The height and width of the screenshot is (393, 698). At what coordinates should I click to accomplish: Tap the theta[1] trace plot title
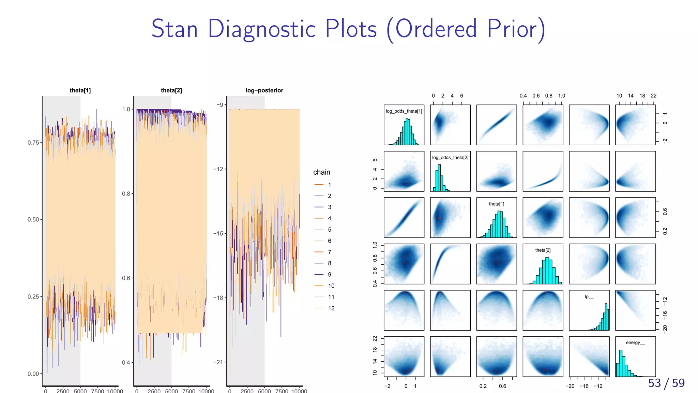click(x=80, y=90)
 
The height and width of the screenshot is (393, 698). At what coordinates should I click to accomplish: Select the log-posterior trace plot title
click(x=264, y=90)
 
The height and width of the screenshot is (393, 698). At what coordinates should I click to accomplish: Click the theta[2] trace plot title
click(x=171, y=90)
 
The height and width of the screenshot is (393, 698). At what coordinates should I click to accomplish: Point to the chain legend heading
click(x=321, y=172)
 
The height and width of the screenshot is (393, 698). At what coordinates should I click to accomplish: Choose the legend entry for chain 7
click(x=324, y=252)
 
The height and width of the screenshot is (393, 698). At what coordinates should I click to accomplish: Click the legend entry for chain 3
click(x=324, y=207)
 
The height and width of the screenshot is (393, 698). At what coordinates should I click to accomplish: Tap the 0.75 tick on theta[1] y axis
click(x=33, y=143)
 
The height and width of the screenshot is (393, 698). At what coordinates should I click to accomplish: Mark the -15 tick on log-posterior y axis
click(x=218, y=234)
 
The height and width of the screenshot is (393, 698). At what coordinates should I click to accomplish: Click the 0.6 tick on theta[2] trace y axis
click(x=126, y=278)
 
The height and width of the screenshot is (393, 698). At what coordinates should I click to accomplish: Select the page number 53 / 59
click(x=666, y=383)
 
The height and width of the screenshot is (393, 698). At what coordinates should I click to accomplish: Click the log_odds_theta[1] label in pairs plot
click(x=404, y=111)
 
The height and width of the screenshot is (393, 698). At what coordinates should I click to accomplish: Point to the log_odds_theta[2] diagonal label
click(x=450, y=158)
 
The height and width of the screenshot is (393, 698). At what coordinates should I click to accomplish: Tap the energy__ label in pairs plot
click(x=635, y=343)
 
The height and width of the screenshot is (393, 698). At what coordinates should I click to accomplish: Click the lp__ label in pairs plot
click(x=589, y=297)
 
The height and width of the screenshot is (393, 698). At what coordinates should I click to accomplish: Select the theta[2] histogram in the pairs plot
click(x=545, y=271)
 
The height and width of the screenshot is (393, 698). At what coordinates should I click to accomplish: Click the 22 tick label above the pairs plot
click(x=653, y=96)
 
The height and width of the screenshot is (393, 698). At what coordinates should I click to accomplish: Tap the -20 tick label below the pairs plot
click(x=570, y=386)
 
